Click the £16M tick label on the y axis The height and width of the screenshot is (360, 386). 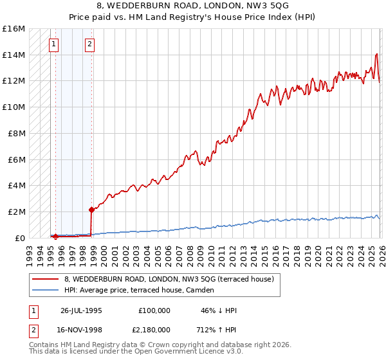click(13, 29)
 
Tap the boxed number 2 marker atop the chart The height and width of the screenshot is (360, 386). click(89, 44)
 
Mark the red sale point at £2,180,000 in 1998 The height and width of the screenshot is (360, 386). click(91, 210)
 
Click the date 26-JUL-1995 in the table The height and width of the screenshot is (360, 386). click(81, 310)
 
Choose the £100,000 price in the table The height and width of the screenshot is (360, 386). click(154, 310)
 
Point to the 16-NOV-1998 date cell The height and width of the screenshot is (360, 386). click(81, 330)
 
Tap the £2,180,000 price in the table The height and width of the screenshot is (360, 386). click(154, 330)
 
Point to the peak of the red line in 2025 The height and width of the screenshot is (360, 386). click(376, 54)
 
